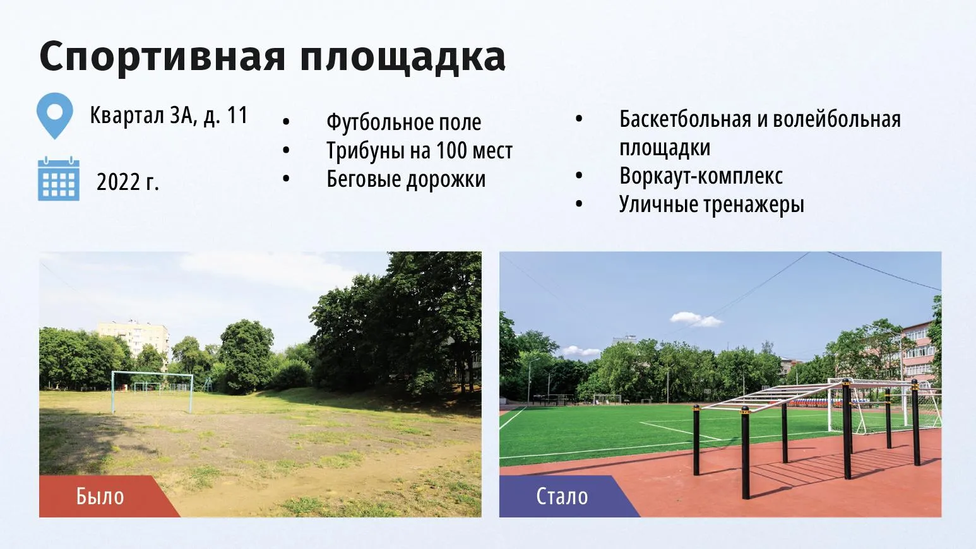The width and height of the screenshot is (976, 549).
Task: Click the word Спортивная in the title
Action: pos(162,56)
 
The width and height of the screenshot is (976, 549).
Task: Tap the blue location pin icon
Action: pos(55,115)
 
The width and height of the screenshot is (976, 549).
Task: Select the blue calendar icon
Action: pos(58,179)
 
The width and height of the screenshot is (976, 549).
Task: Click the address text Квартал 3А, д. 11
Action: pos(169,116)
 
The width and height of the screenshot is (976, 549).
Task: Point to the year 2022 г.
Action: pos(128,182)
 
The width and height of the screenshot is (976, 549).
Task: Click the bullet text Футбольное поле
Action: pos(404,122)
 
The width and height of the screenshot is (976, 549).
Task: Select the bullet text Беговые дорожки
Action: pos(406,179)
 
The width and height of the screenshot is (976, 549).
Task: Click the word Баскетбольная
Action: pos(686,119)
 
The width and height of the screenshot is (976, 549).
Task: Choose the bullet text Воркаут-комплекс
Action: pos(701,176)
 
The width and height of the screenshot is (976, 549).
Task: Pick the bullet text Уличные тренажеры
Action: pos(711,204)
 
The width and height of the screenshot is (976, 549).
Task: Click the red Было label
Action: pos(100,497)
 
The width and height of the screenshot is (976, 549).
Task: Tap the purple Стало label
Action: pos(562,497)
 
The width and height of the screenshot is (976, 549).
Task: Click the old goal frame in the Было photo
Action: pos(152,374)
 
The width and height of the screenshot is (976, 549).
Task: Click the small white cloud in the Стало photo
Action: pos(696,319)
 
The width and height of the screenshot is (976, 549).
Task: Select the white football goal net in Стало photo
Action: pos(884,407)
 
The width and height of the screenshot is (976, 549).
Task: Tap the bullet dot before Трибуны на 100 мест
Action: pos(286,150)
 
